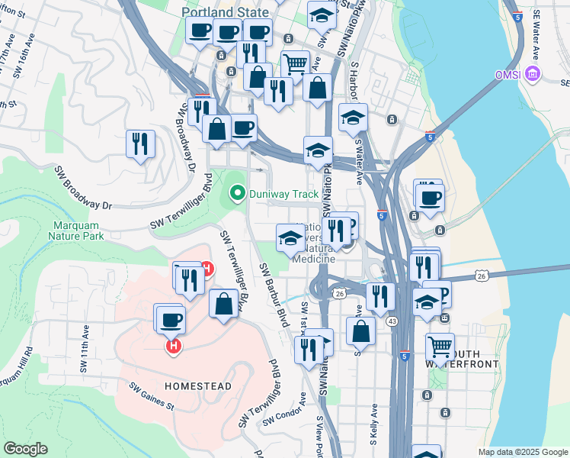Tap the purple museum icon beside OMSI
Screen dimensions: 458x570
coord(533,74)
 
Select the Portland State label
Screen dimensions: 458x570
coord(225,12)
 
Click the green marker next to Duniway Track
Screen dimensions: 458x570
coord(237,194)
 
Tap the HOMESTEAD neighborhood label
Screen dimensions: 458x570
coord(197,386)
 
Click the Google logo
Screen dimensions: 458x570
coord(25,449)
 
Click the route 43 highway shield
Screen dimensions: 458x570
coord(392,323)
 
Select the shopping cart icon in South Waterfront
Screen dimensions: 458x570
coord(440,347)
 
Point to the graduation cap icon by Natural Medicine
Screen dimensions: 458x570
coord(290,239)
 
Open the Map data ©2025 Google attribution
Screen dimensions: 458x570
coord(522,452)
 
